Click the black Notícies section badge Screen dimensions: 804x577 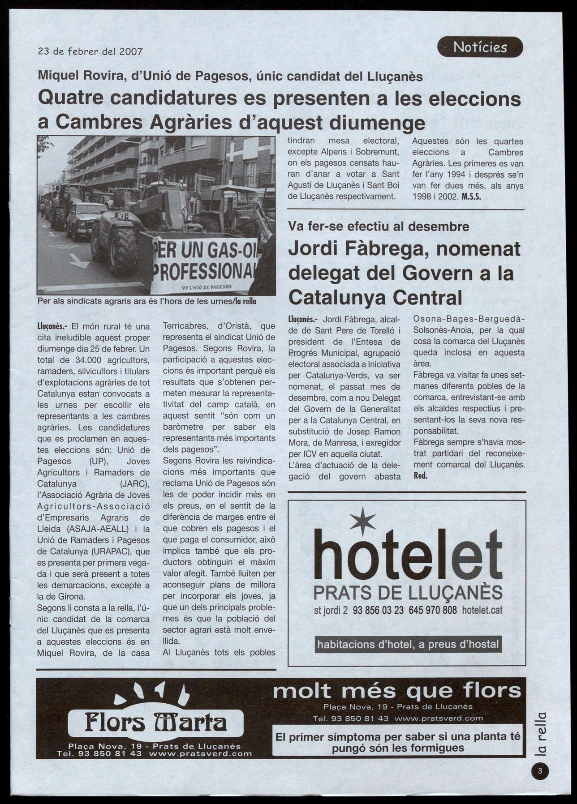coord(480,47)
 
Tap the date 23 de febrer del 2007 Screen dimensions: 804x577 coord(90,51)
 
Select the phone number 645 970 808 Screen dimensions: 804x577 coord(432,610)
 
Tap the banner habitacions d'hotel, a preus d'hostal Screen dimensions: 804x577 coord(408,644)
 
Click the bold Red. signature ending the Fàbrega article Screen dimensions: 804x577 coord(421,476)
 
